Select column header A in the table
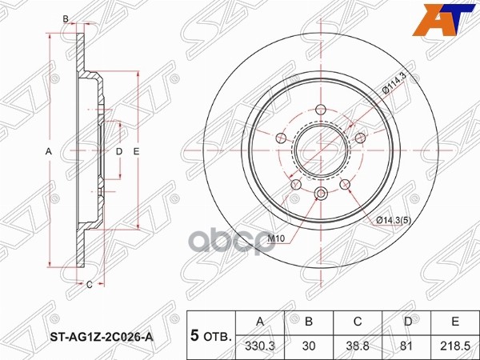259,322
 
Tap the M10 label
274,238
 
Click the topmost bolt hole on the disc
322,111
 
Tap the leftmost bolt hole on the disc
280,139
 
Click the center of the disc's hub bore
320,152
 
